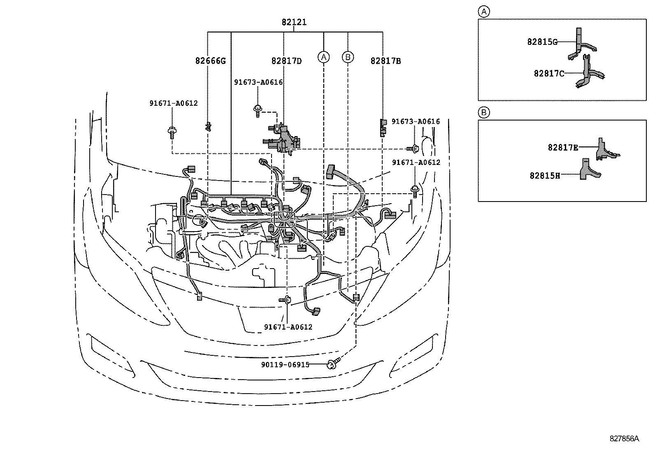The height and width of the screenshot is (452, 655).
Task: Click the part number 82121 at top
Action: [294, 22]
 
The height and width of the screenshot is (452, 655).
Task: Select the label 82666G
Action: [210, 61]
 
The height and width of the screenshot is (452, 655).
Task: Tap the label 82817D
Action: [286, 61]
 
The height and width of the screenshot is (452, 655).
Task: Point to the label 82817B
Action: [386, 61]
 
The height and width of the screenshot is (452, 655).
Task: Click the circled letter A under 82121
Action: [324, 57]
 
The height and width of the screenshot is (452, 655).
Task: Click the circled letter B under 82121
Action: [348, 57]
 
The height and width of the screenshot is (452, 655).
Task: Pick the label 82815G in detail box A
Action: [542, 42]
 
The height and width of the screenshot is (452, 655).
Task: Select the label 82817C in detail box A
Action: [549, 73]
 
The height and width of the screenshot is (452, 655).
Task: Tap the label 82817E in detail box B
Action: [563, 147]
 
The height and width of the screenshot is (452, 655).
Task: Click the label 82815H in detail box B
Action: [545, 175]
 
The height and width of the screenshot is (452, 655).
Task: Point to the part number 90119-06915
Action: [285, 364]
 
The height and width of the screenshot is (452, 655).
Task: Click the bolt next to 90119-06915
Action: [332, 364]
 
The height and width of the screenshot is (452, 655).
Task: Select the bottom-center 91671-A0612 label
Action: [288, 327]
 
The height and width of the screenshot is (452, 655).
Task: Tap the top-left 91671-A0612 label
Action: [173, 103]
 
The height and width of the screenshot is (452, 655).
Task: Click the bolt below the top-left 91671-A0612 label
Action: [172, 132]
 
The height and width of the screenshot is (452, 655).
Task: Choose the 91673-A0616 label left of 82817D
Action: [258, 82]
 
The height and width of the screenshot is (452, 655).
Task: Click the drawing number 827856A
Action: [624, 438]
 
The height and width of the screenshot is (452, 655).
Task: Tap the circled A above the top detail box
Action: [484, 12]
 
